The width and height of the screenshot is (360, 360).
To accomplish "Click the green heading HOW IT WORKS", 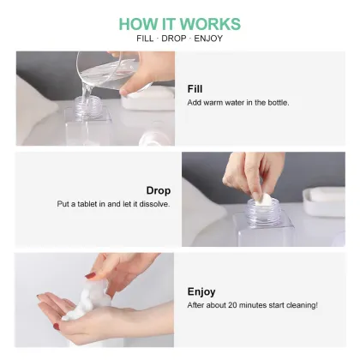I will (179, 23).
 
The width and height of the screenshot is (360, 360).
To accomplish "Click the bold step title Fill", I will (195, 88).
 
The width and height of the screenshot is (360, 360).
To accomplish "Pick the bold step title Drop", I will (159, 190).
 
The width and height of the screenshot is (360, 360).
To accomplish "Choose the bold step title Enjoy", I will (201, 291).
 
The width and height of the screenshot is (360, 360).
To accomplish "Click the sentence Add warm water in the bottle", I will (238, 103).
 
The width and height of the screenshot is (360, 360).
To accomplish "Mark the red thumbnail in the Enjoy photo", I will (90, 275).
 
